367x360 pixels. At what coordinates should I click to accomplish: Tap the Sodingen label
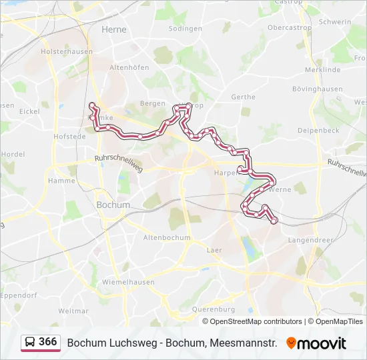186,29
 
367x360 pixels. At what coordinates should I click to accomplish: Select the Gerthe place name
243,97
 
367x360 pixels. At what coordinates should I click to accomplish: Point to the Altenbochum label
167,237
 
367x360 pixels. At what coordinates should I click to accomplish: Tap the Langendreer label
310,239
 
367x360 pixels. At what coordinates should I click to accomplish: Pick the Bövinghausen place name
317,89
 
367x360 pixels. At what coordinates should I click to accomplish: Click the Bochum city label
113,205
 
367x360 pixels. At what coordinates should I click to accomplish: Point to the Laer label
214,250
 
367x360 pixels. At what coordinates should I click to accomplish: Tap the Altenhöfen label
129,67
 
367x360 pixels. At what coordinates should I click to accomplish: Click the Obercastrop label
290,28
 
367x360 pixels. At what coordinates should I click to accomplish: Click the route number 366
47,342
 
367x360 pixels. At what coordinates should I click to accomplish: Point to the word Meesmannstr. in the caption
242,343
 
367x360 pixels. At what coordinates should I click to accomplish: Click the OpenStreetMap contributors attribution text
256,321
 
